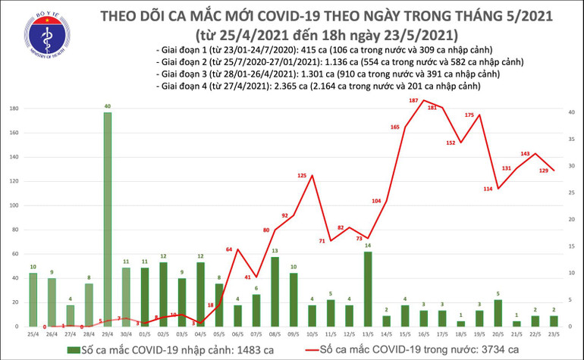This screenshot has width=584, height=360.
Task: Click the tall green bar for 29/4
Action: [x=107, y=220]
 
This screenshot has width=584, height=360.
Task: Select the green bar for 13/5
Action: [x=368, y=289]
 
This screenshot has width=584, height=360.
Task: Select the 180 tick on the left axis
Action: [x=13, y=109]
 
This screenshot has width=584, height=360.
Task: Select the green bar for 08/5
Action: [x=275, y=291]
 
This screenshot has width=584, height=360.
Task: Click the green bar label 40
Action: [x=108, y=106]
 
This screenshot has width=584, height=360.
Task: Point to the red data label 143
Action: [x=525, y=154]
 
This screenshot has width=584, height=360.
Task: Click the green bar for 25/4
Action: [x=33, y=299]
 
